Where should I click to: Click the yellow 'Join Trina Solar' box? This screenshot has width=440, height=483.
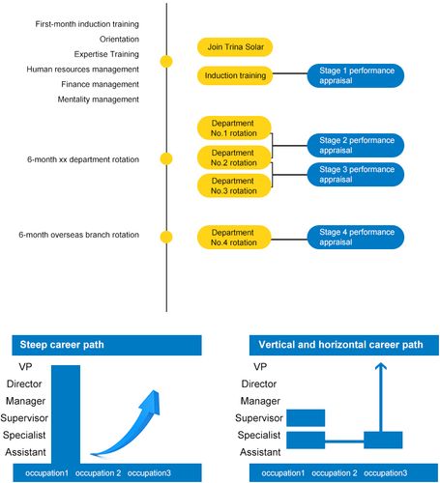tap(235, 47)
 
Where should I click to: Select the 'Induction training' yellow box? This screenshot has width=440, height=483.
tap(235, 75)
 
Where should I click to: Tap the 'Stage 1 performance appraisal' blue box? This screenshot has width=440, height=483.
tap(356, 75)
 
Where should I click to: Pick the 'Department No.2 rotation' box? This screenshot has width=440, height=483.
tap(234, 157)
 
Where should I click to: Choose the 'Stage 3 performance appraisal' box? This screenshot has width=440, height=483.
tap(356, 175)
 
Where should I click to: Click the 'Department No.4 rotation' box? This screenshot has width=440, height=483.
tap(234, 238)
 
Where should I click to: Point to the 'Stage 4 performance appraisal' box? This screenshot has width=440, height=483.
tap(356, 237)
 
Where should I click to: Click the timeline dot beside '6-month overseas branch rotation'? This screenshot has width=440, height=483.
tap(166, 237)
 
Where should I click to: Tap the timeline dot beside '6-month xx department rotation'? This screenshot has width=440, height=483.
tap(166, 158)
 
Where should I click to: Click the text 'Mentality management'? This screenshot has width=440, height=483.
tap(99, 99)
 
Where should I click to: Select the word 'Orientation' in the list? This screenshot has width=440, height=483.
tap(119, 40)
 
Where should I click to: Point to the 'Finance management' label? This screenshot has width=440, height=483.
tap(101, 84)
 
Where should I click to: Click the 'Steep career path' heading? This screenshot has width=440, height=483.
tap(62, 345)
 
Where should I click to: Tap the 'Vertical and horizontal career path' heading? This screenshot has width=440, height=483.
tap(340, 345)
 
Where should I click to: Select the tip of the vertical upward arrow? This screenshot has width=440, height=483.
tap(381, 363)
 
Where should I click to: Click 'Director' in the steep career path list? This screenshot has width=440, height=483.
tap(24, 384)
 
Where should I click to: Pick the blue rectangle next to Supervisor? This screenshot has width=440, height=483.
tap(306, 418)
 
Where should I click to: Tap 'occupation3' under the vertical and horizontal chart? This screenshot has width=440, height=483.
tap(385, 473)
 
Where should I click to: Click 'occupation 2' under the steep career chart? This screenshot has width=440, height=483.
tap(98, 473)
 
